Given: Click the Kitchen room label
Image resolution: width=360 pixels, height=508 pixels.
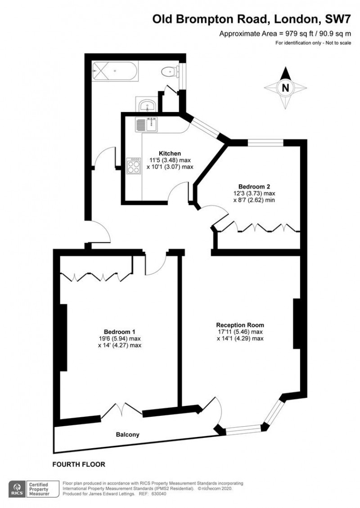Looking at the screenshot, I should (160, 153).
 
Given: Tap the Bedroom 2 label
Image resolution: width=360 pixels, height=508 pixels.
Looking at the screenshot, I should (254, 186).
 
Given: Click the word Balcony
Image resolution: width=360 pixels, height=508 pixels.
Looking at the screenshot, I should (128, 435).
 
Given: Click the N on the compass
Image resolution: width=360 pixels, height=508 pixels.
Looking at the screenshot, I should (285, 88).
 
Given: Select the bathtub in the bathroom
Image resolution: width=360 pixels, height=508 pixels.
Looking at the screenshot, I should (115, 71).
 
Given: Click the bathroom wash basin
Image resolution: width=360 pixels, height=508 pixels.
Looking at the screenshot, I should (147, 106).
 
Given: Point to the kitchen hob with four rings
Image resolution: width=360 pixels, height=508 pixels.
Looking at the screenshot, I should (134, 167).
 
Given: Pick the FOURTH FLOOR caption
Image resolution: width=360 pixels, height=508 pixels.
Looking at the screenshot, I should (79, 464).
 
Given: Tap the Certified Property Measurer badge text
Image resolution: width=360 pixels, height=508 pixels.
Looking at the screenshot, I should (42, 489).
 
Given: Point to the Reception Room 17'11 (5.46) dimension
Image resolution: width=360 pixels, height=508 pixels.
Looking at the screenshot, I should (240, 332).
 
